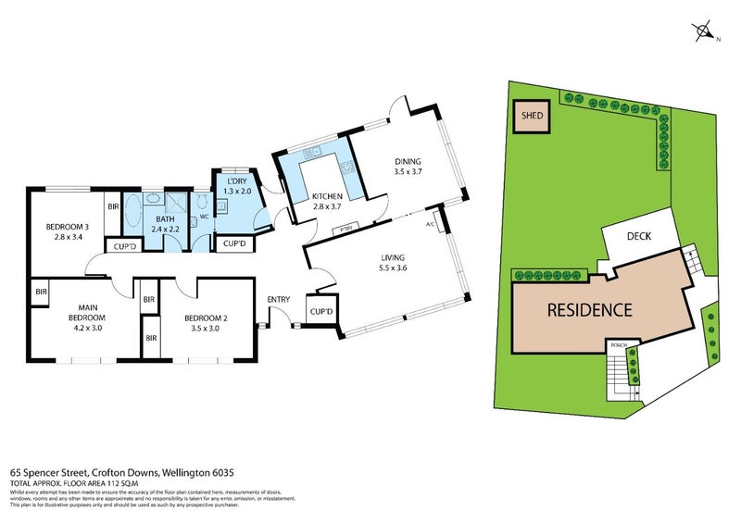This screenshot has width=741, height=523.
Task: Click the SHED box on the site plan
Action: [532, 118]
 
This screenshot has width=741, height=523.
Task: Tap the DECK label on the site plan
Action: [639, 236]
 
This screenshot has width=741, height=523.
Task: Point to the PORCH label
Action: [619, 345]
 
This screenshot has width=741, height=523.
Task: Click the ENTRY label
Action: [279, 299]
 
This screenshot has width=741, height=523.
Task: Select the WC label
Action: [203, 218]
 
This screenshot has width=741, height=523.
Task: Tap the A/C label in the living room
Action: [430, 225]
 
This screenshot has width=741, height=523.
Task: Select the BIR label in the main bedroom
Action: [42, 293]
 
